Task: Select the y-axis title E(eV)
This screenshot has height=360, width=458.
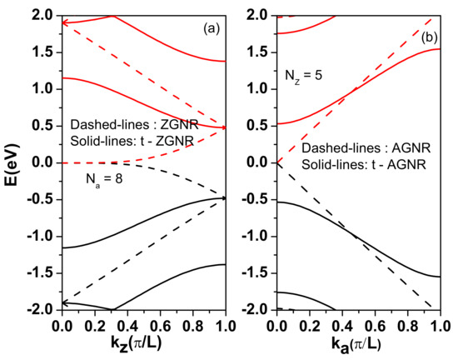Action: click(x=12, y=163)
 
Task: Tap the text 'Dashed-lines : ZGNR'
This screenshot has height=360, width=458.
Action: click(x=127, y=122)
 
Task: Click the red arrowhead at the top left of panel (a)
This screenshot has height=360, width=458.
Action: click(x=66, y=22)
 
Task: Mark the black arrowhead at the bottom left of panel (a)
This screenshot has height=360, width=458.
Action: click(x=66, y=303)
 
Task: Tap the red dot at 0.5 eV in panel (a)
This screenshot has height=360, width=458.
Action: click(x=223, y=127)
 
